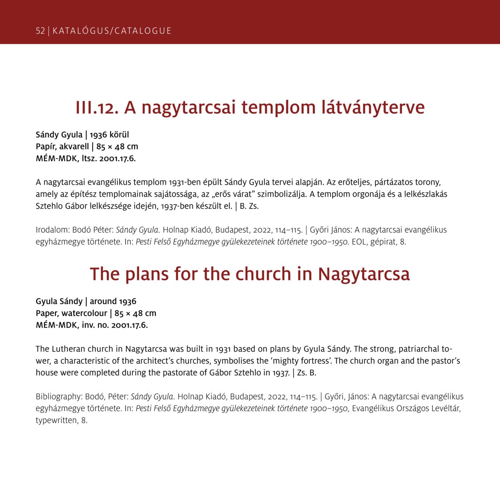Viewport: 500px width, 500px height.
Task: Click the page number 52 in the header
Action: (40, 31)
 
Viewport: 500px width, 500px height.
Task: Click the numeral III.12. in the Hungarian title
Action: (97, 107)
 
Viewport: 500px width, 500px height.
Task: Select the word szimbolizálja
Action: (280, 194)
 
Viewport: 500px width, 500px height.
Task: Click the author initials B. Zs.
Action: (249, 206)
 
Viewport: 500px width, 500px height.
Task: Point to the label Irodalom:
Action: (53, 230)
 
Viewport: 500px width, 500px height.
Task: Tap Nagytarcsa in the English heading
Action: (364, 274)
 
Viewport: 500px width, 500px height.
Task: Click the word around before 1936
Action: (103, 301)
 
